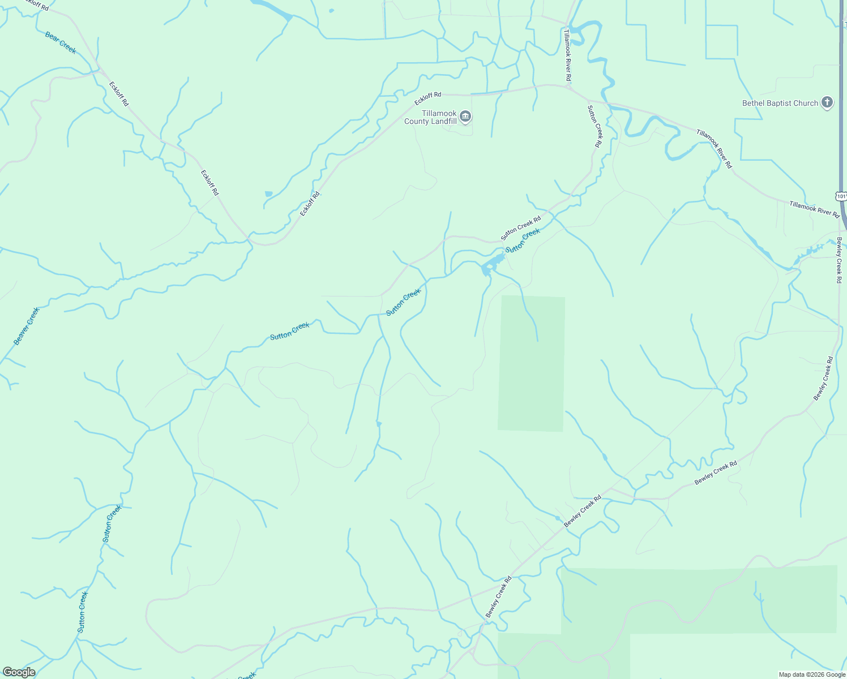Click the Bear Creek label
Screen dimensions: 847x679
pyautogui.click(x=60, y=43)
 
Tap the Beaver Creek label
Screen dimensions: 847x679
pyautogui.click(x=27, y=326)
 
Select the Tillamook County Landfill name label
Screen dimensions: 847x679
pyautogui.click(x=430, y=118)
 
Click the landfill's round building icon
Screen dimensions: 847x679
pyautogui.click(x=465, y=117)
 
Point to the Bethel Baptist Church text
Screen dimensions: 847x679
pyautogui.click(x=780, y=103)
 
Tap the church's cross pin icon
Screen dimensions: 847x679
pyautogui.click(x=827, y=102)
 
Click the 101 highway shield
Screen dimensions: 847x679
pyautogui.click(x=841, y=196)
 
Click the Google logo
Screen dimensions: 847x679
pyautogui.click(x=19, y=672)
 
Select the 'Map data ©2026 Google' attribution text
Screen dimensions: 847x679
pyautogui.click(x=811, y=674)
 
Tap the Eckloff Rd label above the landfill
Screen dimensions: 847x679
pyautogui.click(x=427, y=98)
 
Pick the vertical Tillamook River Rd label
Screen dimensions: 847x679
pyautogui.click(x=567, y=55)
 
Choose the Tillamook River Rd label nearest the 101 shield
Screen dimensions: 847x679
pyautogui.click(x=814, y=209)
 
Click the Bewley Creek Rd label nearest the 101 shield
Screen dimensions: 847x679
pyautogui.click(x=839, y=260)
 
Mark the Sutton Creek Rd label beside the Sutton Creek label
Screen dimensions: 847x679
pyautogui.click(x=520, y=227)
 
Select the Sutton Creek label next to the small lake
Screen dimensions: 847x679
pyautogui.click(x=524, y=240)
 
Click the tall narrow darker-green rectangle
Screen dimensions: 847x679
pyautogui.click(x=531, y=363)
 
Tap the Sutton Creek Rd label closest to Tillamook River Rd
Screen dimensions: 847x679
pyautogui.click(x=594, y=126)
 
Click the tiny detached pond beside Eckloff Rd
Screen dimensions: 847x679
pyautogui.click(x=268, y=194)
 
